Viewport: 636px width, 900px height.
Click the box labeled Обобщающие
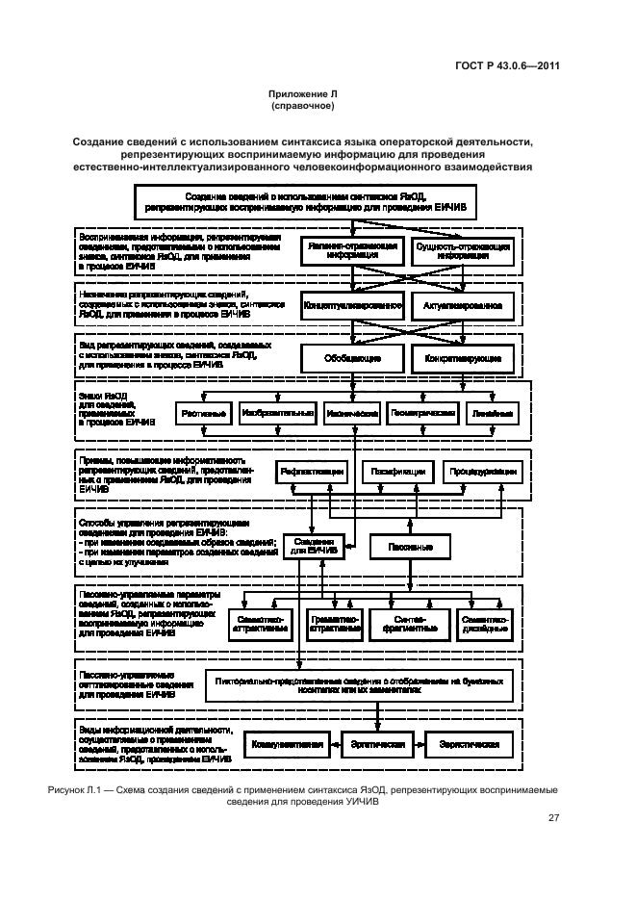pos(349,358)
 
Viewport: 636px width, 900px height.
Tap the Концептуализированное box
pos(353,305)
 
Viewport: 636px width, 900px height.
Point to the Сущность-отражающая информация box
pos(463,251)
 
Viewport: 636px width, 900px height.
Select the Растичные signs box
pos(203,413)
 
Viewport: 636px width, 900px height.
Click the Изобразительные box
pos(277,413)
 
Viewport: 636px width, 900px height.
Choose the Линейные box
pos(491,413)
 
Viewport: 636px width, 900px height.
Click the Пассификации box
pos(395,473)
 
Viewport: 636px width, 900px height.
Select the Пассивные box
pos(415,546)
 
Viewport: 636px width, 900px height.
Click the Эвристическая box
pos(469,745)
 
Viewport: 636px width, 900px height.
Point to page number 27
pos(553,817)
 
